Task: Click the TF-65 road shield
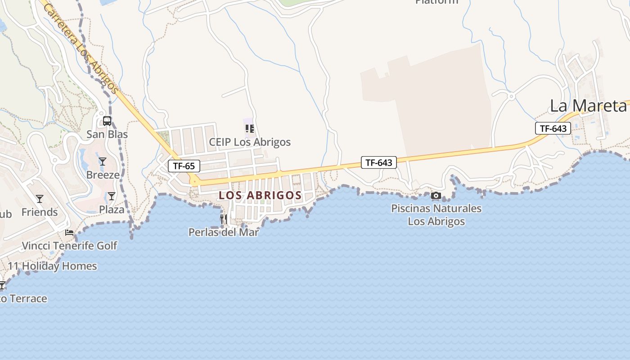[x=184, y=166]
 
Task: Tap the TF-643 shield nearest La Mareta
[x=553, y=128]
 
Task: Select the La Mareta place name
[x=588, y=106]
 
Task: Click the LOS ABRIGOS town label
[x=260, y=195]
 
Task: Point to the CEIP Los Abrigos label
[x=250, y=142]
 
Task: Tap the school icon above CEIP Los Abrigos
[x=249, y=129]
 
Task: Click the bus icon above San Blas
[x=107, y=121]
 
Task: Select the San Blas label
[x=107, y=134]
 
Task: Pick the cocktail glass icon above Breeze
[x=103, y=161]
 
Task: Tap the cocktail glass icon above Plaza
[x=111, y=196]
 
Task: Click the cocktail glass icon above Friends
[x=40, y=198]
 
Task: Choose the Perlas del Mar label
[x=224, y=232]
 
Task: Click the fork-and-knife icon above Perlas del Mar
[x=224, y=219]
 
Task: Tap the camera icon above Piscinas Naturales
[x=436, y=195]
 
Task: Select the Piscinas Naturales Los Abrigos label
[x=436, y=215]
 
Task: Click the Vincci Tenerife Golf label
[x=69, y=246]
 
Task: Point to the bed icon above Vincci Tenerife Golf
[x=69, y=233]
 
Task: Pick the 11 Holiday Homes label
[x=52, y=266]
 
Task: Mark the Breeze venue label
[x=103, y=175]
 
